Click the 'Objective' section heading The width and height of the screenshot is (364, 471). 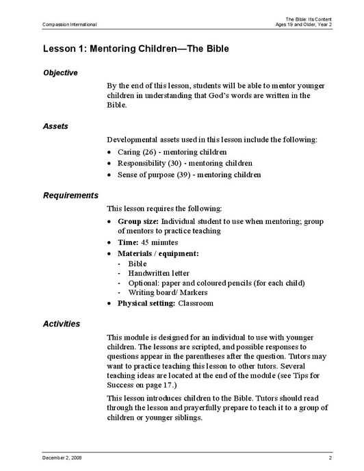pos(60,73)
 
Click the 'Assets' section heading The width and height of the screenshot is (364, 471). pos(55,126)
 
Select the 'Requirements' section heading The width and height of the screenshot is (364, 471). pos(70,195)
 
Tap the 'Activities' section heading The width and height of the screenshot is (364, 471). pos(61,323)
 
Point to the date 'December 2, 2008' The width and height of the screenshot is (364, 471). pos(62,456)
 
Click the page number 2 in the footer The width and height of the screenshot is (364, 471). pos(330,456)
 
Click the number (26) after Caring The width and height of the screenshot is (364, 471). pos(151,151)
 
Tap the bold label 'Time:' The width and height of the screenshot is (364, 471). pos(129,242)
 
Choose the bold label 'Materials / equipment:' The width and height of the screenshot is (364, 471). pos(158,253)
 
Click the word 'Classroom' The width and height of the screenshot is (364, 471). pos(196,303)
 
